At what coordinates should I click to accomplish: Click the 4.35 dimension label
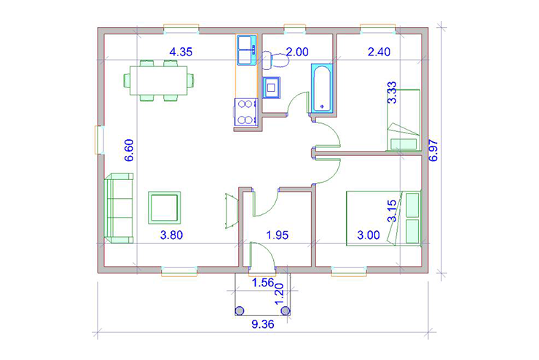coord(181,52)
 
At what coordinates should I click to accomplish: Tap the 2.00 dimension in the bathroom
coord(297,52)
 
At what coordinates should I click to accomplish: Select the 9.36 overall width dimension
coord(263,324)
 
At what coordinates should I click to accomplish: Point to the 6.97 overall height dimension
coord(433,150)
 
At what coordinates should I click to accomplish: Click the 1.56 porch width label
coord(263,283)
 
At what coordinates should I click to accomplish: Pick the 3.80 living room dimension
coord(171,235)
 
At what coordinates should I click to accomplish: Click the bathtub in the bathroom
coord(322,88)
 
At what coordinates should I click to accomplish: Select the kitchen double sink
coord(246,50)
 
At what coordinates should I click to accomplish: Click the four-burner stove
coord(245,112)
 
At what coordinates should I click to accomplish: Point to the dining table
coord(159,80)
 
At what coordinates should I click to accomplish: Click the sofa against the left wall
coord(119,208)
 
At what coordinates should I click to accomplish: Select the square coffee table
coord(165,208)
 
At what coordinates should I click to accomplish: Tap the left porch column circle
coord(239,311)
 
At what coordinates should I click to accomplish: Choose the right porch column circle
coord(286,311)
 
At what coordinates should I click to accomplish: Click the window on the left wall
coord(99,140)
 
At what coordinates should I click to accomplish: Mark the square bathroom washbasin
coord(271,87)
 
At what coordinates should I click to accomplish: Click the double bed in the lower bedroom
coord(383,219)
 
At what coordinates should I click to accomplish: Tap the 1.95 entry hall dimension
coord(278,235)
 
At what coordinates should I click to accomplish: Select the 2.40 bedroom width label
coord(379,52)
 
